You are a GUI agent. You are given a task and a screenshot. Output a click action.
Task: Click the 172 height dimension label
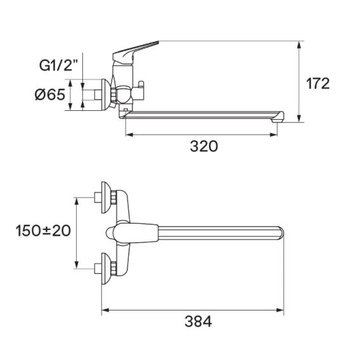click(318, 84)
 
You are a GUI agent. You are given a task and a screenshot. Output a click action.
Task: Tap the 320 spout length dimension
click(204, 146)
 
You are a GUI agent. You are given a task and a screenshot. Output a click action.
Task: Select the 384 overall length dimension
click(198, 321)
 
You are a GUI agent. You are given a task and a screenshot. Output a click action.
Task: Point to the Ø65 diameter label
click(50, 94)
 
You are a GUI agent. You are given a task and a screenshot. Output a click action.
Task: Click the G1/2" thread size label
click(58, 65)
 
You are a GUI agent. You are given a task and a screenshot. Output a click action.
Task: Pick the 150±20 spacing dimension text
click(43, 231)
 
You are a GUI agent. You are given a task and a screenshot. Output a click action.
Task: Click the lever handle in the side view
click(136, 53)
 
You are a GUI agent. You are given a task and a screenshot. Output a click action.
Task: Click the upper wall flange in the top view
click(106, 198)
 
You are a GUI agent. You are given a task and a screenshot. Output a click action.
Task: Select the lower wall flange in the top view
click(106, 269)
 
